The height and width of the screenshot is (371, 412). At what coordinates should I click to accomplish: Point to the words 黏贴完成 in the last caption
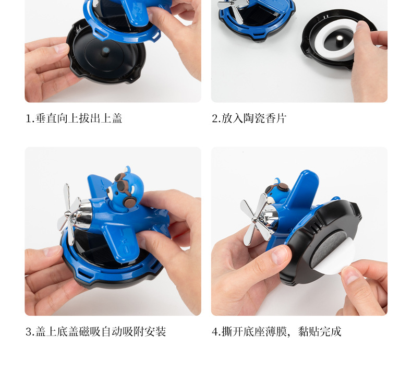click(x=320, y=331)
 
